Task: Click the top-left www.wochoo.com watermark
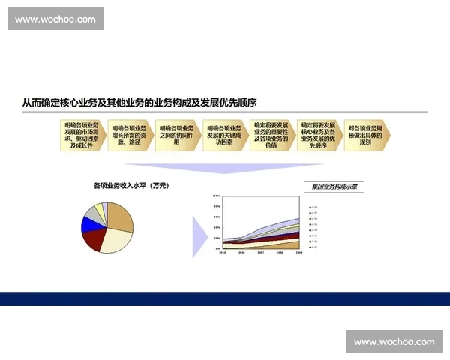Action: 56,18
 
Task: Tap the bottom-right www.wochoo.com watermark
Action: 394,341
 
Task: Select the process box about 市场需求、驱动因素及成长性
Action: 82,134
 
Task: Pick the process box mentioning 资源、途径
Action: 129,134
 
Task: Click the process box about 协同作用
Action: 176,134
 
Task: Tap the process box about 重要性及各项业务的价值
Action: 271,134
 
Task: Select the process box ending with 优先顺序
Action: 318,134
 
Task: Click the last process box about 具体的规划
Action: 365,134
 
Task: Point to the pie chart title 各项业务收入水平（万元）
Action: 131,184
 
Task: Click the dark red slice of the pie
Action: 95,238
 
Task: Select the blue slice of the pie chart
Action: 88,223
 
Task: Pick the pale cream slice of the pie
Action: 114,241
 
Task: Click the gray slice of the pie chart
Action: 92,213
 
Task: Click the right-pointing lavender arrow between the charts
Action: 199,236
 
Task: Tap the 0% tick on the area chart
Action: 217,248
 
